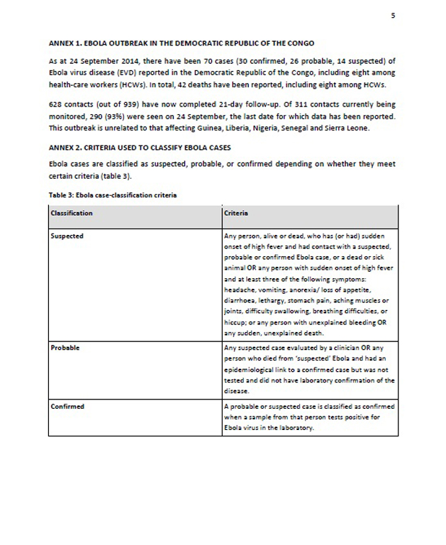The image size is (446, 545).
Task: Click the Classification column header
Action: click(x=72, y=213)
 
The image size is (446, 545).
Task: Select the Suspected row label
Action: click(x=67, y=236)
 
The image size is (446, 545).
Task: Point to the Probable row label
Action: click(x=65, y=348)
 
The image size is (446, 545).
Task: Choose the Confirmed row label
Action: click(x=68, y=407)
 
